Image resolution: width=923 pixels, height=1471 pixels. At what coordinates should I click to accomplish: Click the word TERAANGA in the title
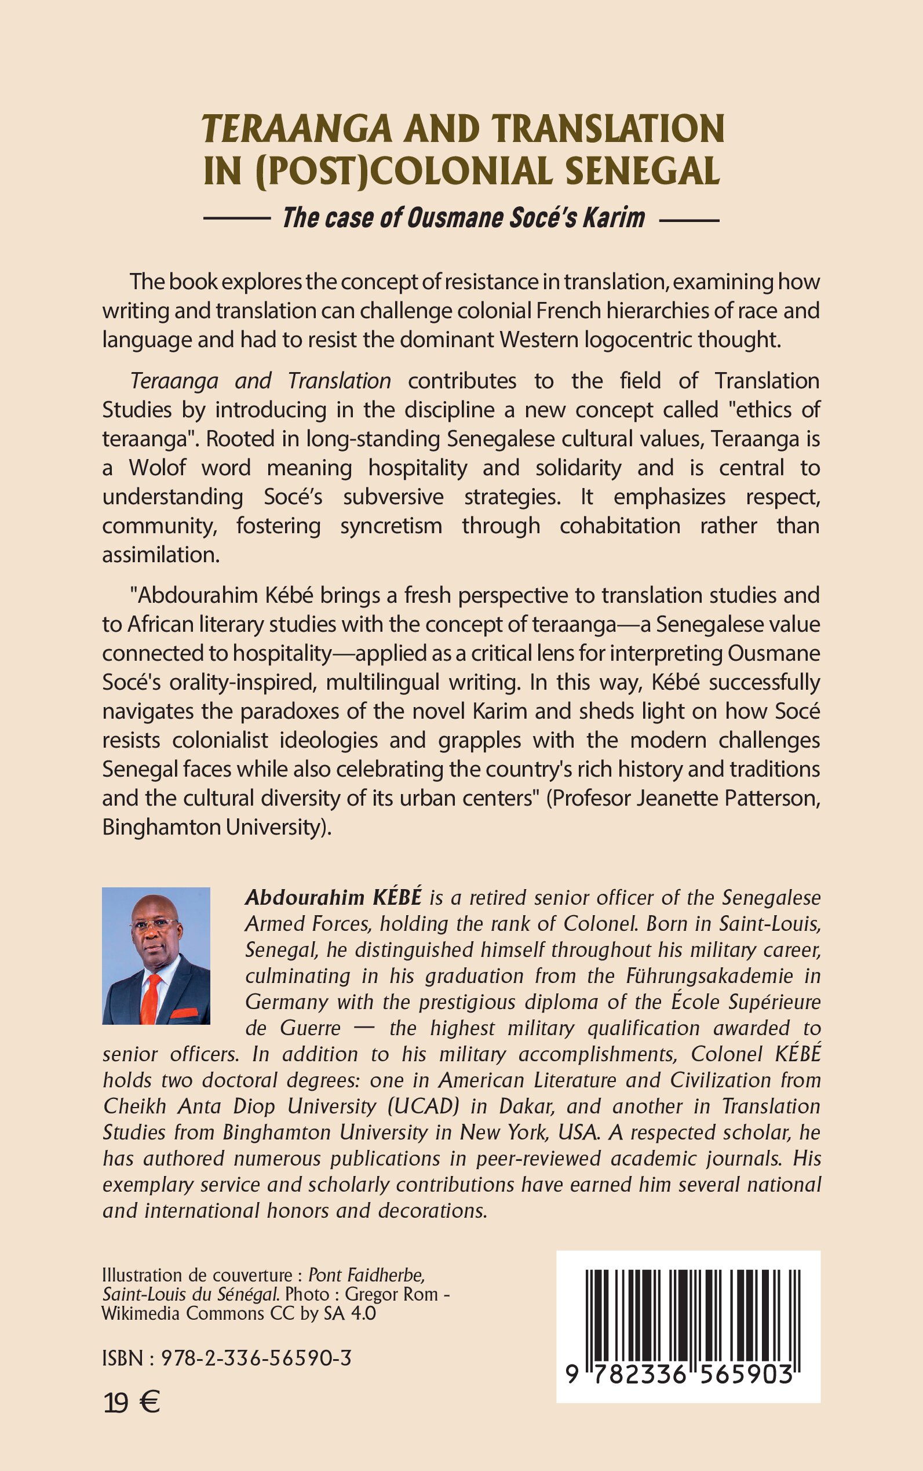pyautogui.click(x=297, y=129)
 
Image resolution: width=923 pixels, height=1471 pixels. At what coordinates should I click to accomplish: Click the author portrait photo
pyautogui.click(x=156, y=956)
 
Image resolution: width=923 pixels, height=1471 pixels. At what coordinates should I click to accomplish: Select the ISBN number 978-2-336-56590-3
pyautogui.click(x=256, y=1357)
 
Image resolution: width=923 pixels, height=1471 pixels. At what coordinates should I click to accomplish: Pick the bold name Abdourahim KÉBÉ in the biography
pyautogui.click(x=333, y=898)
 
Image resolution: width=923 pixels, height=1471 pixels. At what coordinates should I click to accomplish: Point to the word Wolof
pyautogui.click(x=157, y=468)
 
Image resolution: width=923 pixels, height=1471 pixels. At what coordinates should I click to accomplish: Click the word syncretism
pyautogui.click(x=391, y=526)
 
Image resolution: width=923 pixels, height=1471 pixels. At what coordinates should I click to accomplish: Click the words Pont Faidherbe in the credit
pyautogui.click(x=366, y=1275)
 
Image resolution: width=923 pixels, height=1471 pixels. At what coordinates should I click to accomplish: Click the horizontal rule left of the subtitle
pyautogui.click(x=237, y=219)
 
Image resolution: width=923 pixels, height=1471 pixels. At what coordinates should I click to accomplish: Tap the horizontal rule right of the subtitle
pyautogui.click(x=689, y=219)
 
